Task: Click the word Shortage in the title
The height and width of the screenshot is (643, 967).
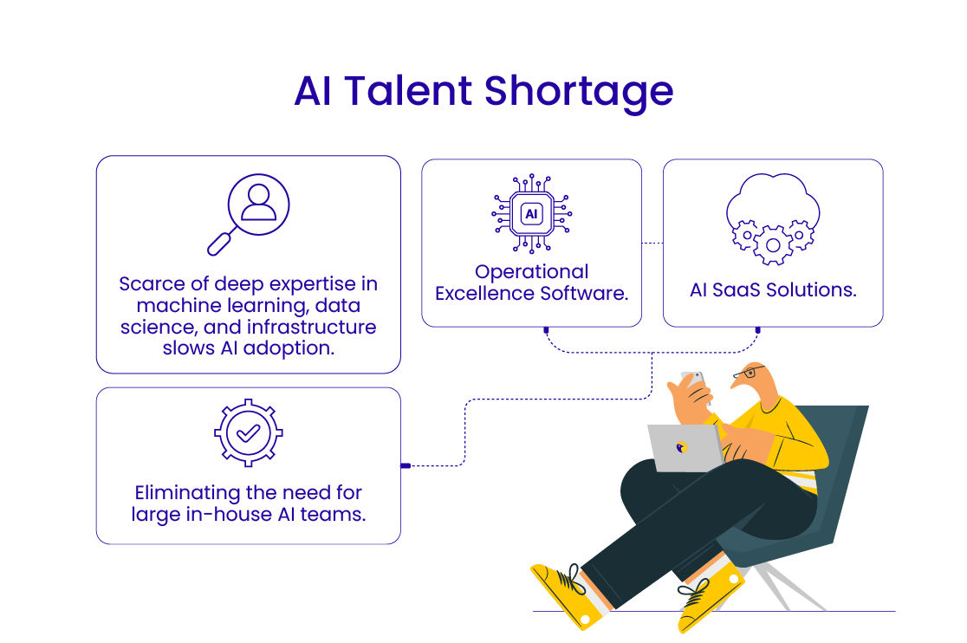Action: click(578, 93)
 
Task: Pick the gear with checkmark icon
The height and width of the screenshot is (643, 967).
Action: click(248, 434)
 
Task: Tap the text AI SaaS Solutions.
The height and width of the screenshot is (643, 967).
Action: click(773, 290)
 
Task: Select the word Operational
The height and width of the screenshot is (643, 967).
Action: click(532, 272)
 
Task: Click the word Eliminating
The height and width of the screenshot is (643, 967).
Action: click(186, 492)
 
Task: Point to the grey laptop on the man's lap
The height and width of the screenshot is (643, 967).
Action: click(685, 447)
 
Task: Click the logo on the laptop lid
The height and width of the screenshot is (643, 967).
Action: click(681, 448)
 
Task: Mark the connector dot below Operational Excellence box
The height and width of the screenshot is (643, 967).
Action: click(546, 329)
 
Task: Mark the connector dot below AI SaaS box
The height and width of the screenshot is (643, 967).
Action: click(758, 329)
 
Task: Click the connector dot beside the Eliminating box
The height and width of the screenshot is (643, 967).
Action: click(405, 466)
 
